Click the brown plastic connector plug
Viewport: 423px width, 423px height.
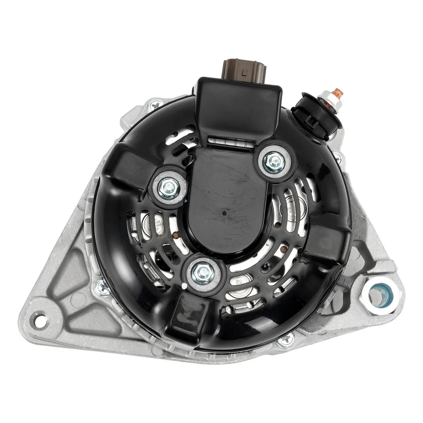coord(238,70)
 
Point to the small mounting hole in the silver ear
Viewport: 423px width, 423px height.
coord(40,319)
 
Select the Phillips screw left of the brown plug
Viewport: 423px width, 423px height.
coord(156,105)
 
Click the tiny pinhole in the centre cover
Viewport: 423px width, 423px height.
coord(225,214)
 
